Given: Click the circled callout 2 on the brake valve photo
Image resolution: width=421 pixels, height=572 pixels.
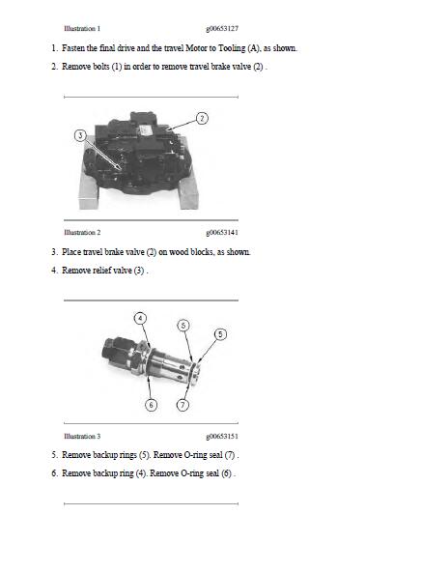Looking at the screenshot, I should point(201,119).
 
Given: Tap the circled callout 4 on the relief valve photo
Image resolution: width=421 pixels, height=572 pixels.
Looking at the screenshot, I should point(140,318).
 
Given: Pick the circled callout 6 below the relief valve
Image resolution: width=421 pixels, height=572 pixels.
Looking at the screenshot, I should point(151,405).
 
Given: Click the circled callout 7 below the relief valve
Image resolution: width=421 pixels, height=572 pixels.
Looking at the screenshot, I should point(183,405).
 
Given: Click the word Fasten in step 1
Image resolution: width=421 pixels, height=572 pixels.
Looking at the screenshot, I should point(76,47).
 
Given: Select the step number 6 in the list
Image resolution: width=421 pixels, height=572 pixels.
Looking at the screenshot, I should point(54,473).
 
